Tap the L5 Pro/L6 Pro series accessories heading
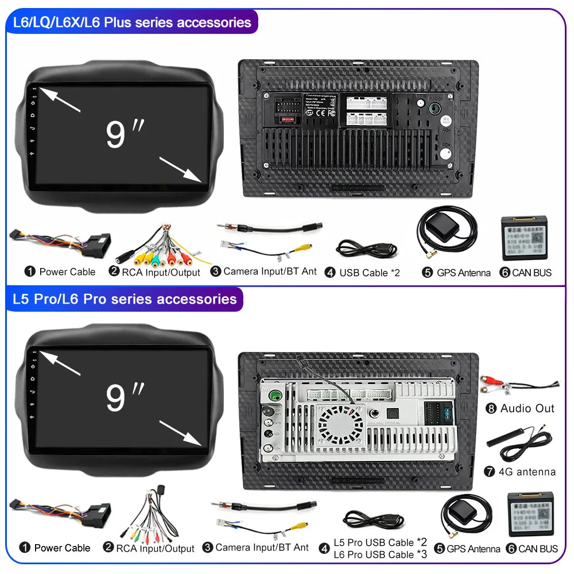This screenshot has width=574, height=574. click(x=125, y=299)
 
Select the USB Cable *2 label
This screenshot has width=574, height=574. click(x=369, y=273)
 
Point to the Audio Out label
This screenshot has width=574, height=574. click(x=527, y=409)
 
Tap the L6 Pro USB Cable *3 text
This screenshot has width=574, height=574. click(x=381, y=554)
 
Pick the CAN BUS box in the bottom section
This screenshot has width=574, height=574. click(x=530, y=514)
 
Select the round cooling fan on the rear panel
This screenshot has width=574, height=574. click(x=341, y=425)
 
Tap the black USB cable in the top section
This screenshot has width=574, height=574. click(x=366, y=248)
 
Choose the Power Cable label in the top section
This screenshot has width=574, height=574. click(x=67, y=272)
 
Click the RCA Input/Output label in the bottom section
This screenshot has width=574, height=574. click(x=155, y=549)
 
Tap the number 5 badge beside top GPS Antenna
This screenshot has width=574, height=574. click(x=427, y=273)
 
